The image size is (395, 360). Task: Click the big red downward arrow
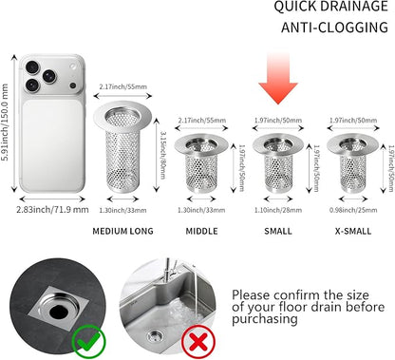278,79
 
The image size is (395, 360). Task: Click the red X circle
198,342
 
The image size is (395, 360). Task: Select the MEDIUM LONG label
122,231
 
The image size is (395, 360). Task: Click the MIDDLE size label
201,231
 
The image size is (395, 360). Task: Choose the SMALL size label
278,231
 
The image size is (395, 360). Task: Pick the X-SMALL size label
353,231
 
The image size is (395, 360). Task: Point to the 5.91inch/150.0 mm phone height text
5,123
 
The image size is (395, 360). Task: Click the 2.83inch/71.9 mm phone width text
52,209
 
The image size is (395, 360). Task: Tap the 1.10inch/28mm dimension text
278,210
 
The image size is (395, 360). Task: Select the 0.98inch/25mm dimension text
353,210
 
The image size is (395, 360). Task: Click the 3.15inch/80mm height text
162,155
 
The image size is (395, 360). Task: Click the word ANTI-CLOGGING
334,28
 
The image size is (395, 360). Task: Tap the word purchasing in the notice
265,319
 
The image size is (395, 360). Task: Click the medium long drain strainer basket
122,147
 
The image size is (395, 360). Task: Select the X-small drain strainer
352,163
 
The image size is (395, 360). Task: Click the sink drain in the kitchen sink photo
156,335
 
